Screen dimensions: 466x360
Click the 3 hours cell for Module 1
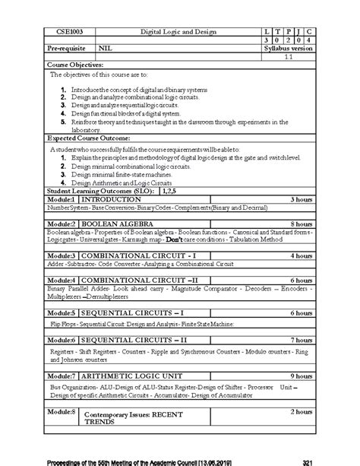[302, 199]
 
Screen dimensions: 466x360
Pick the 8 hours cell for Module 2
[302, 225]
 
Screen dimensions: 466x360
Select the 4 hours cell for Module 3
[302, 255]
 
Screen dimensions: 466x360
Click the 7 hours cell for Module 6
[302, 339]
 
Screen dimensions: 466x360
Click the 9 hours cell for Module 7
[302, 376]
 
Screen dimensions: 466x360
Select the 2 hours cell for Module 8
[302, 411]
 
